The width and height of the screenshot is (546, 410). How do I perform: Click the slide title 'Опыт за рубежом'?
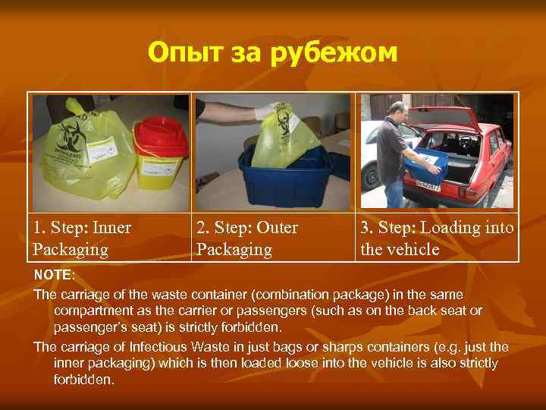(272, 53)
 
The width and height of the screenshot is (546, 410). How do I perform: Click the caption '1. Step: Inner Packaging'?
(82, 238)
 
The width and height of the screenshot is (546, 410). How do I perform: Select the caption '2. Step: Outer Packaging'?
(247, 238)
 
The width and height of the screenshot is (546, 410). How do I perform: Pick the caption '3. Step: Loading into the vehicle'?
(437, 238)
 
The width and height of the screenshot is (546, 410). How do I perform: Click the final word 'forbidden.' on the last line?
(83, 380)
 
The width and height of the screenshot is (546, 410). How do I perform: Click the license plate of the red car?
(429, 185)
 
